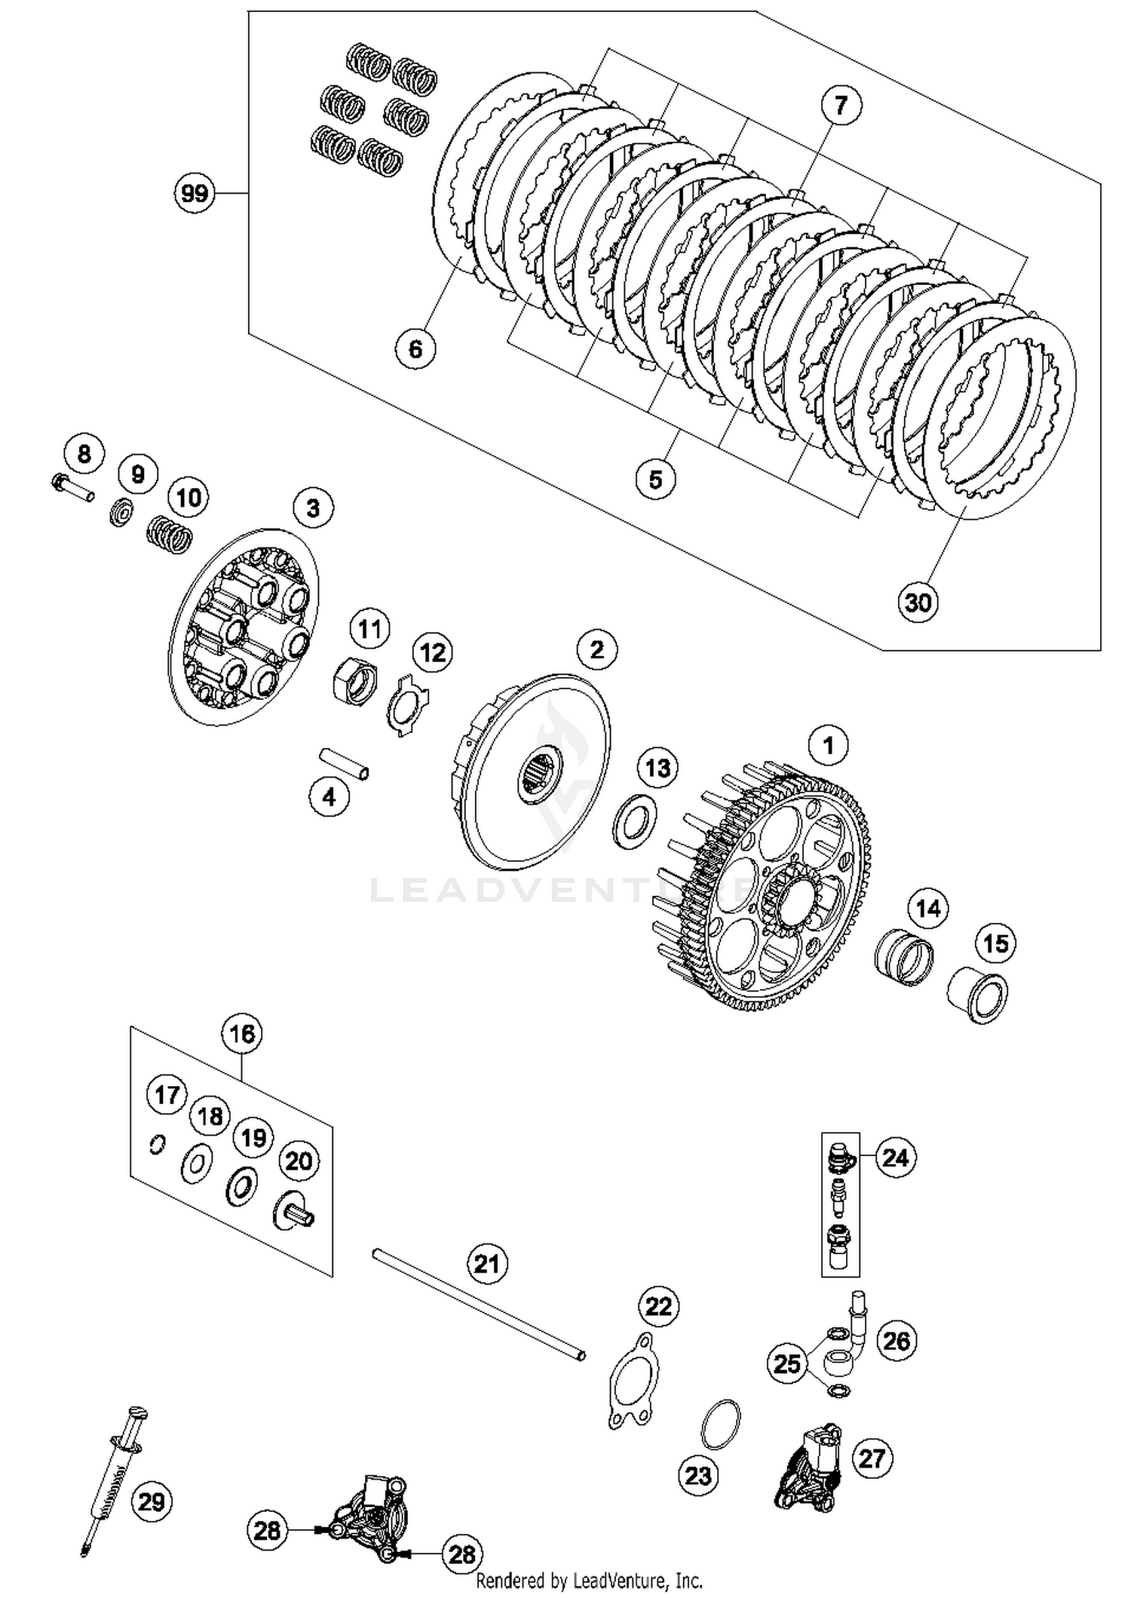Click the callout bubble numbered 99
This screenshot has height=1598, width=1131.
click(195, 194)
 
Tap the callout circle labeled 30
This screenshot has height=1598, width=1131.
click(918, 603)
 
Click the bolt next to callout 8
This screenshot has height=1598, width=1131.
click(72, 486)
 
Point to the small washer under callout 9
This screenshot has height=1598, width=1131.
click(121, 512)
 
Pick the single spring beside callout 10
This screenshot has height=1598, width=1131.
click(169, 532)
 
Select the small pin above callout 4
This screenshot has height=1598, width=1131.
click(343, 763)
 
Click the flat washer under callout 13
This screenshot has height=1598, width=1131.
click(636, 820)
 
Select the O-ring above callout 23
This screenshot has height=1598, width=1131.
click(720, 1423)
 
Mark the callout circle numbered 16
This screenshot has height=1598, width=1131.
click(242, 1033)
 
